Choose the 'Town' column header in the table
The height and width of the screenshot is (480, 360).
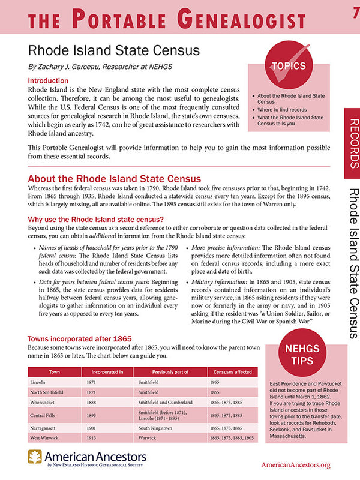click(x=55, y=372)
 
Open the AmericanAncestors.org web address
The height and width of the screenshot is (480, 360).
click(x=296, y=465)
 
